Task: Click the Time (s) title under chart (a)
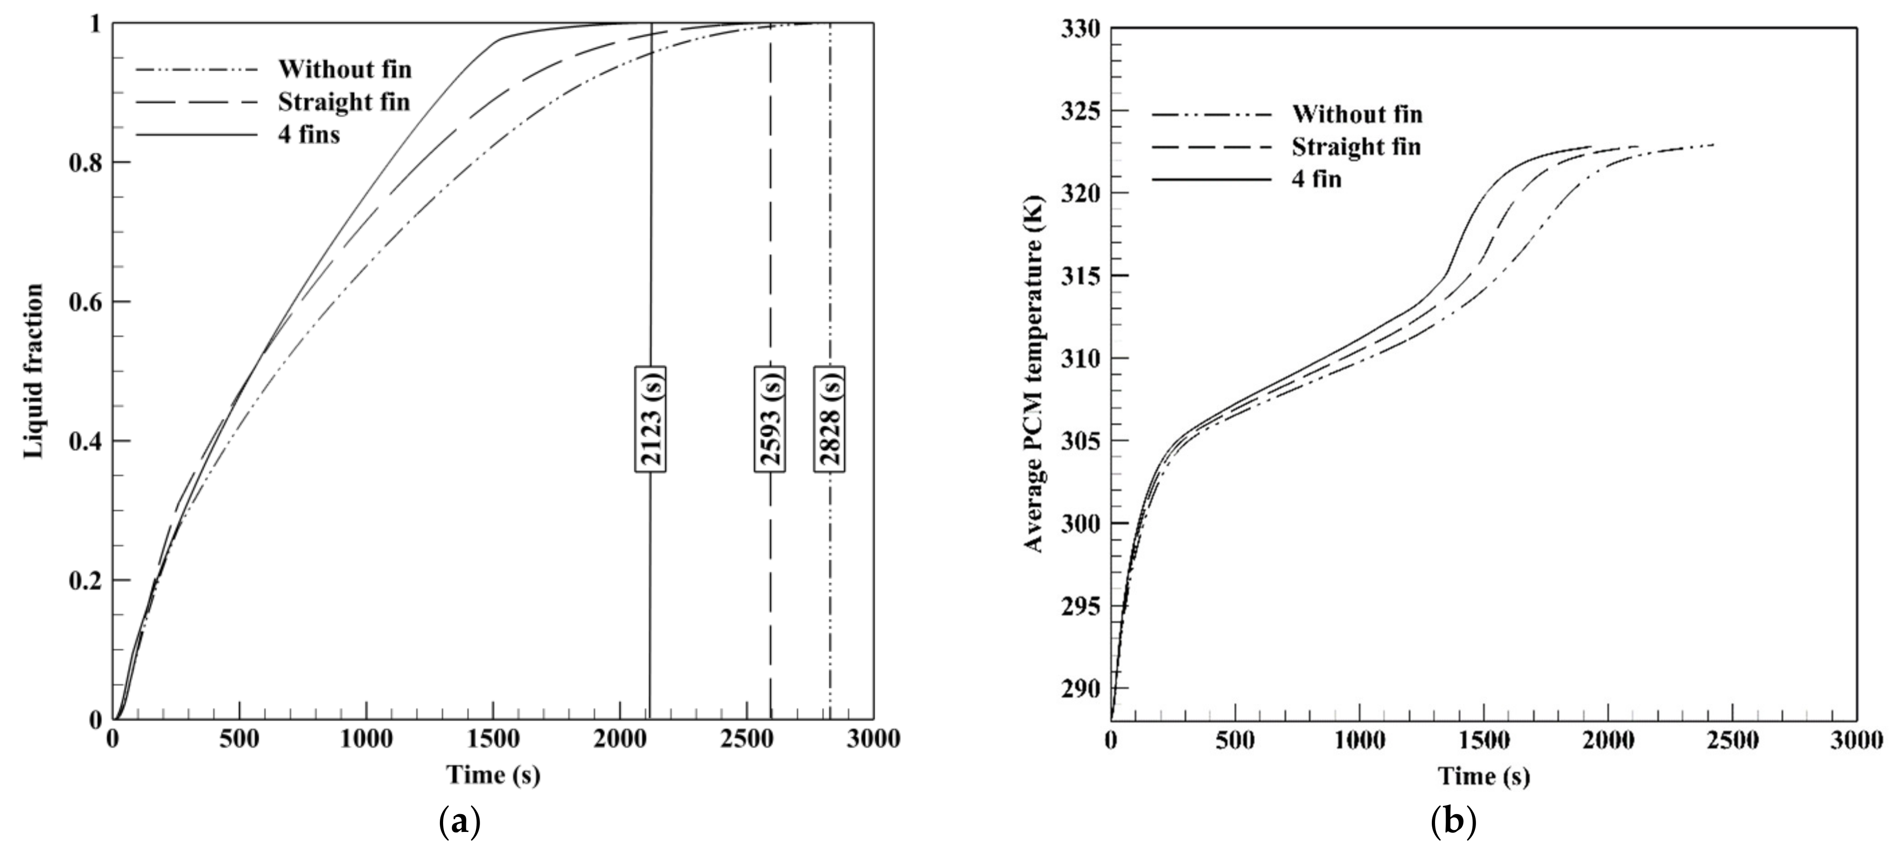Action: [x=493, y=774]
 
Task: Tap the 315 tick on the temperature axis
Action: [x=1080, y=276]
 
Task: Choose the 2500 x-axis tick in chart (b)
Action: [x=1731, y=740]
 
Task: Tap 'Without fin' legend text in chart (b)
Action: [x=1357, y=114]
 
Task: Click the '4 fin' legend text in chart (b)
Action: [x=1316, y=179]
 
